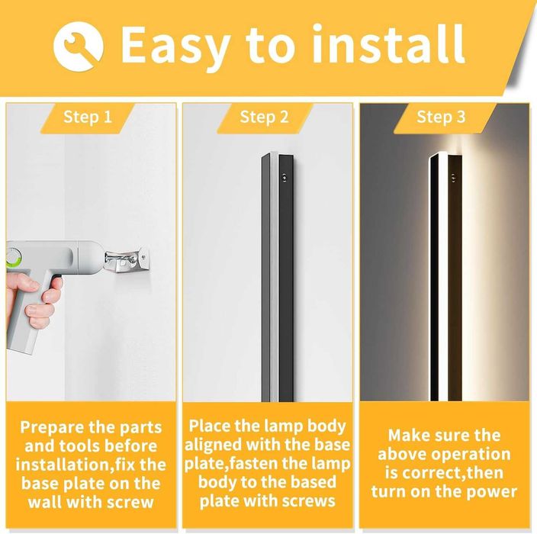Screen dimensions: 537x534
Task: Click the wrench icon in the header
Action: click(79, 47)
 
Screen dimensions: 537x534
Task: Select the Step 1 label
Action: click(88, 117)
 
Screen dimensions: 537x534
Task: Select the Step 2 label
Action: click(265, 117)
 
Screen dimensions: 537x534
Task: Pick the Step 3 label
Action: click(441, 117)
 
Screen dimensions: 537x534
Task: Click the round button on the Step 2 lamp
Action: click(284, 178)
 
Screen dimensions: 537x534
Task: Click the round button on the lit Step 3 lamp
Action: click(453, 178)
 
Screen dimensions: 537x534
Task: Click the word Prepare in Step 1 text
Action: click(52, 428)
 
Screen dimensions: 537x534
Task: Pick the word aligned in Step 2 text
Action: click(213, 445)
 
